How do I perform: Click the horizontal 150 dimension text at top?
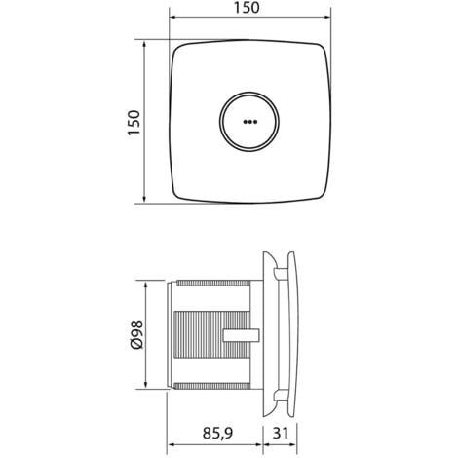coord(247,9)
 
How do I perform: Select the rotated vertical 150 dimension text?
coord(135,123)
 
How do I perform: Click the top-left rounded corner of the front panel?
coord(178,51)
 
